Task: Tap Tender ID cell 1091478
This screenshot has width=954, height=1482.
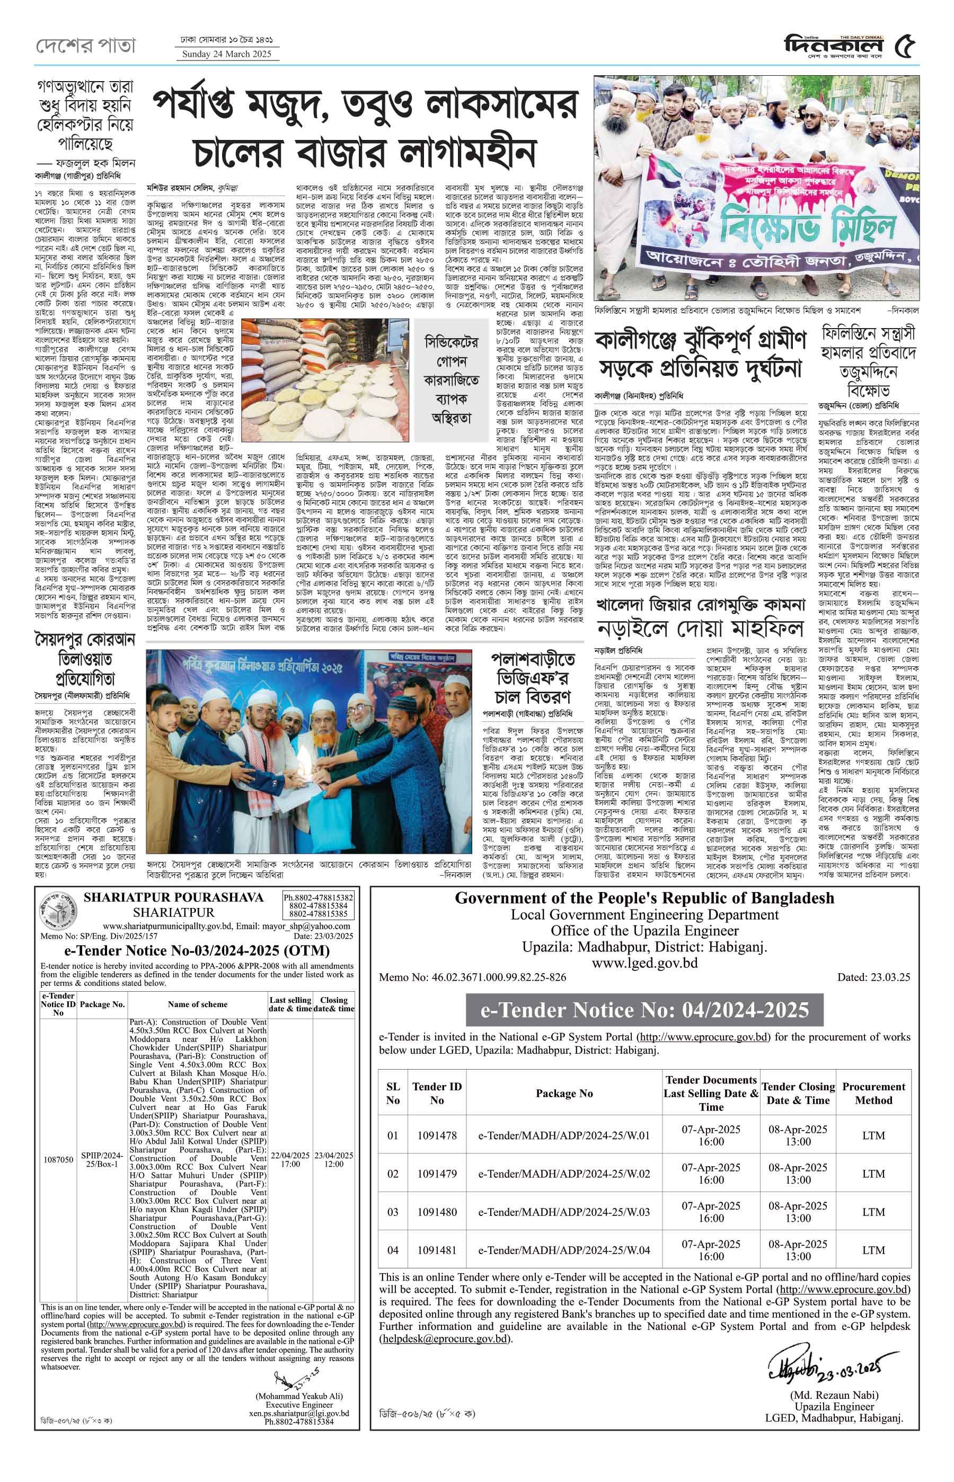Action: click(437, 1135)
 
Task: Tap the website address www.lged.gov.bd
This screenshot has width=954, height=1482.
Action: click(644, 963)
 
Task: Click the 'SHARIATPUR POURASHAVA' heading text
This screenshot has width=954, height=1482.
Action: click(173, 898)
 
